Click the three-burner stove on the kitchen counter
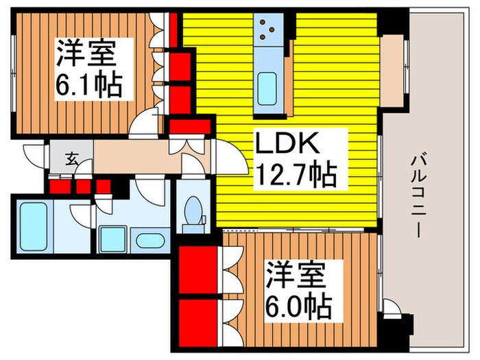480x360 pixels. pos(267,29)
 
